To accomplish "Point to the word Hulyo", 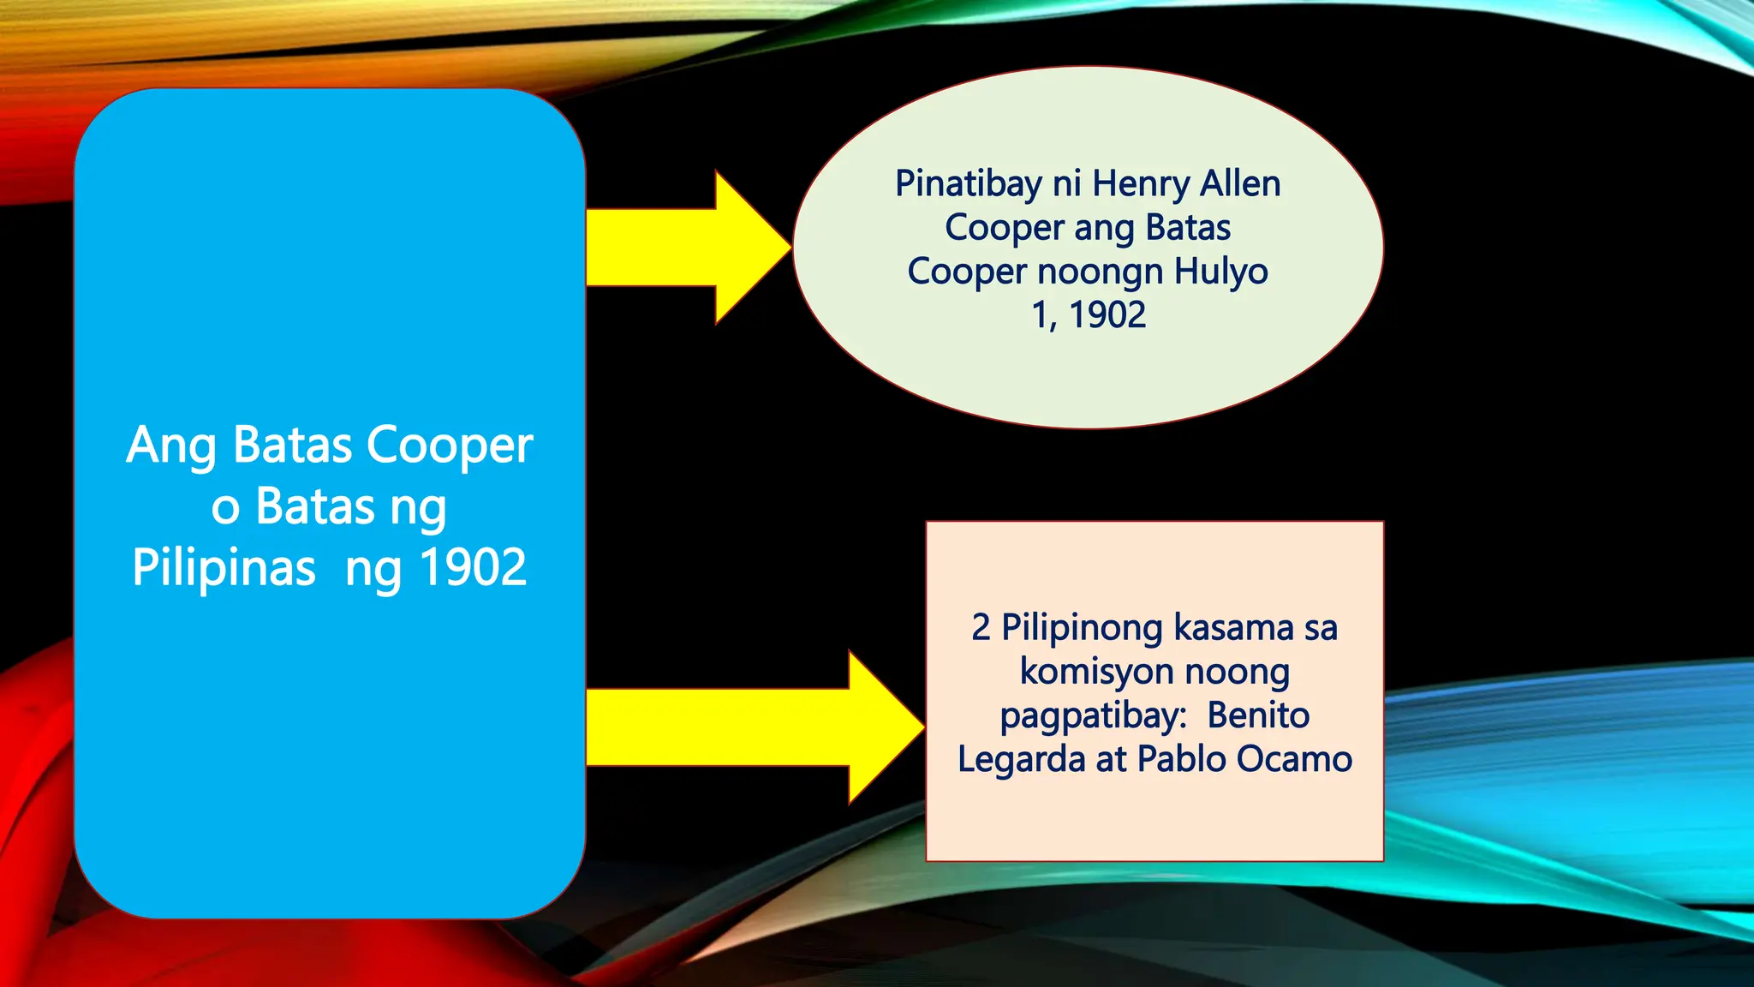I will pyautogui.click(x=1220, y=272).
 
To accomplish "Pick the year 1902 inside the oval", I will pyautogui.click(x=1107, y=315).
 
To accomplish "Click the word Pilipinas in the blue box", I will pyautogui.click(x=224, y=567).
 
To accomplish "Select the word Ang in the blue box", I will pyautogui.click(x=170, y=446).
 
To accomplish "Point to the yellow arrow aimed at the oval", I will pyautogui.click(x=685, y=248).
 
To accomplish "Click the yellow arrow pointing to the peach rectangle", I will pyautogui.click(x=754, y=727).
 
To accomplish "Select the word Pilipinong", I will pyautogui.click(x=1082, y=628).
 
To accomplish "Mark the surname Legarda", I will pyautogui.click(x=1021, y=759).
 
